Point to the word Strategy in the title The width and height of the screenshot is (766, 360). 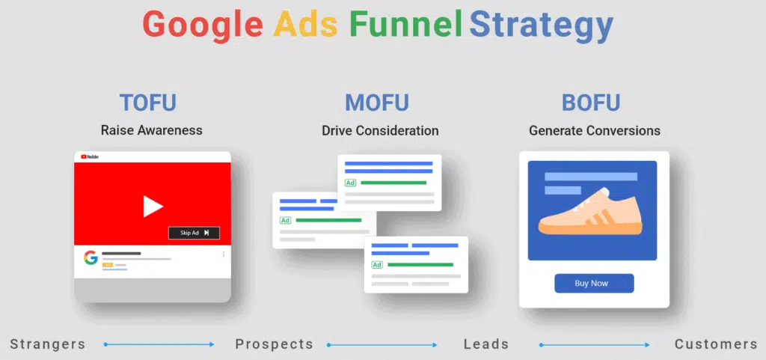coord(542,26)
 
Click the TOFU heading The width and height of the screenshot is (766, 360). coord(148,103)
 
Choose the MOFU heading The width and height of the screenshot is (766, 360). coord(377,103)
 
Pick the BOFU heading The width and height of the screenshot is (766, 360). coord(591,103)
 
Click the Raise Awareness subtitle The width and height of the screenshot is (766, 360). coord(152,130)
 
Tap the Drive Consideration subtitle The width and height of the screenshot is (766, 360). coord(380,130)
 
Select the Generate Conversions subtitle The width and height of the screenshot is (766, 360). coord(595,130)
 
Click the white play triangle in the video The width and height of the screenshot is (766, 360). coord(153,206)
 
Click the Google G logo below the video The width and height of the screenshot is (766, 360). coord(91,258)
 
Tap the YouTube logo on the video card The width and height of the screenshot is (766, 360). coord(89,156)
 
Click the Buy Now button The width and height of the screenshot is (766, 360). coord(594,283)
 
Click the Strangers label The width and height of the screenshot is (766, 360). coord(48,344)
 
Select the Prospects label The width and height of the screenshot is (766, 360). coord(274,344)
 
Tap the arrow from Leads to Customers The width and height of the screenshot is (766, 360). coord(594,345)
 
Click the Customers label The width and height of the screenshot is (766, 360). coord(716,344)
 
